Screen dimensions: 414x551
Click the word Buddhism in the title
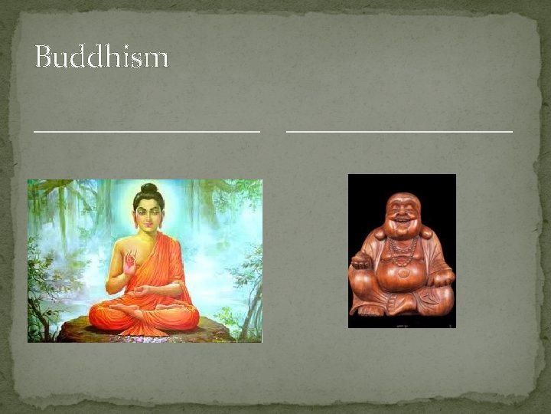(101, 58)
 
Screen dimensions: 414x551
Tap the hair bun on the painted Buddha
(148, 188)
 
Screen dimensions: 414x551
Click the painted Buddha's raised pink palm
(129, 264)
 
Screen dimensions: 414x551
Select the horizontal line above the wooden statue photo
(399, 131)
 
